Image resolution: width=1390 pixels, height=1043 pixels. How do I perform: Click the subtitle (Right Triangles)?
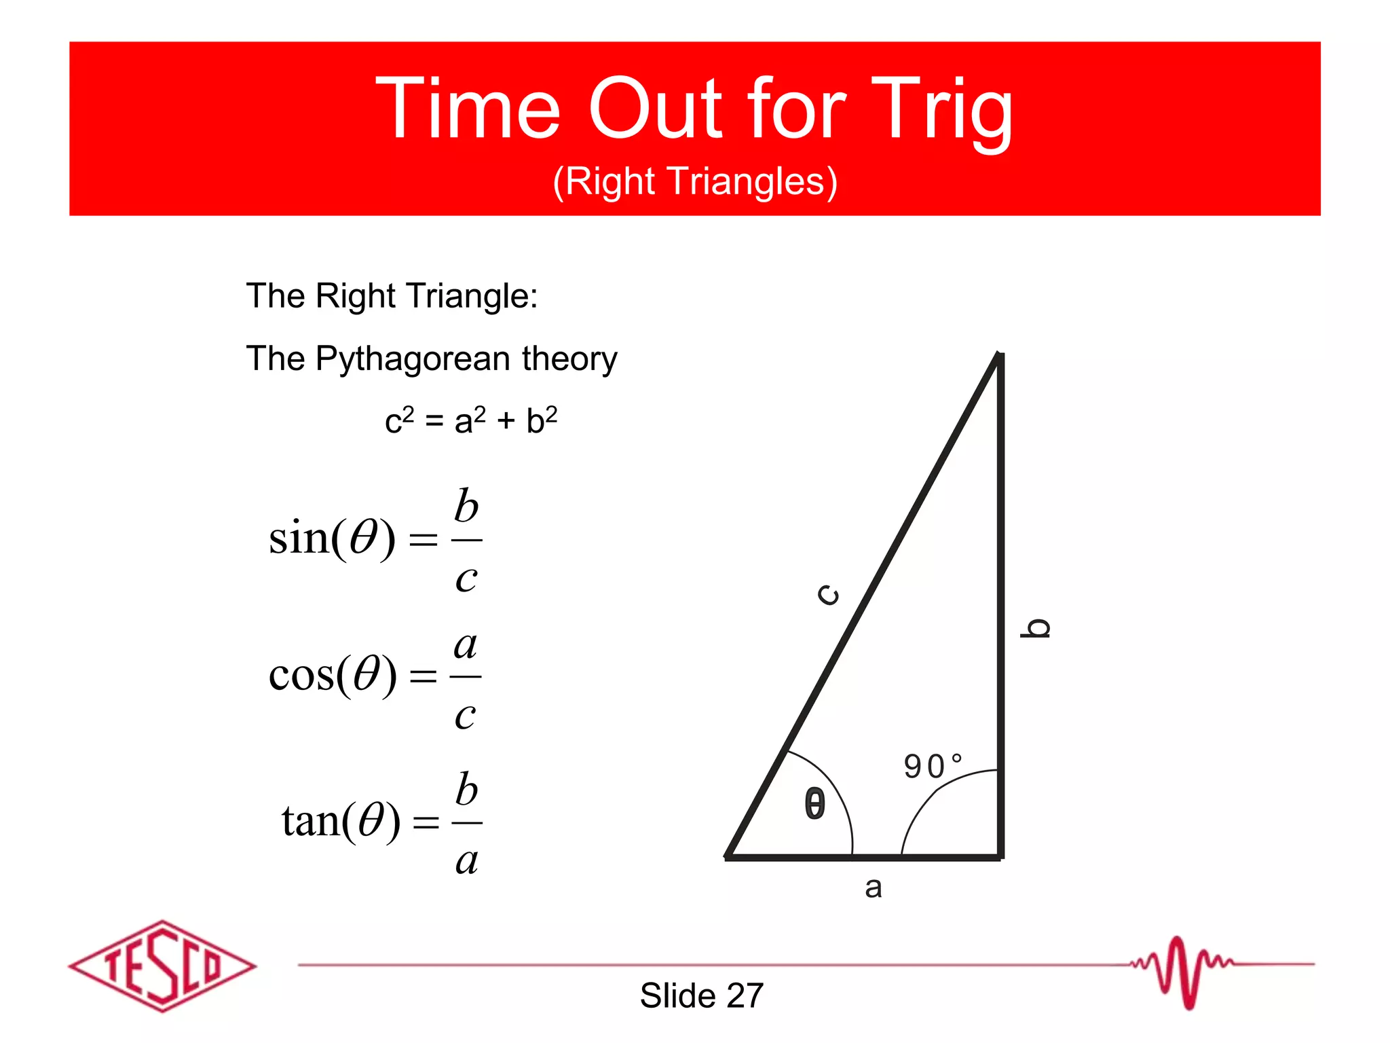click(695, 182)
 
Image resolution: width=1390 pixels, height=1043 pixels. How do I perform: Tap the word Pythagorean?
click(413, 359)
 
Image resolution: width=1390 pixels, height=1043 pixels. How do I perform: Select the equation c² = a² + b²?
click(470, 420)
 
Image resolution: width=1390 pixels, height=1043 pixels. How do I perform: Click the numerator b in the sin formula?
click(466, 507)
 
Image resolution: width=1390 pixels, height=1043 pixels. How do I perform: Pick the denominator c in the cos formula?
click(465, 715)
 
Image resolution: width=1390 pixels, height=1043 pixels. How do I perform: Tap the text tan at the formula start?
click(310, 821)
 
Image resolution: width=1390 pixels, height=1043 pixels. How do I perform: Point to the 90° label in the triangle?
click(932, 766)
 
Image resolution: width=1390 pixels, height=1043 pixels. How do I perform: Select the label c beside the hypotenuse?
click(828, 594)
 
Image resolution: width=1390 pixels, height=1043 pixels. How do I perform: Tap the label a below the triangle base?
click(873, 888)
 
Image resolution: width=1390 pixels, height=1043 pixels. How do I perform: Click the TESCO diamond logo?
click(162, 966)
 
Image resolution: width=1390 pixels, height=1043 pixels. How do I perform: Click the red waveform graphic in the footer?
click(1182, 970)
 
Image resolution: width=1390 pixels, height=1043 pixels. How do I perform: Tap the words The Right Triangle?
click(392, 296)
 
